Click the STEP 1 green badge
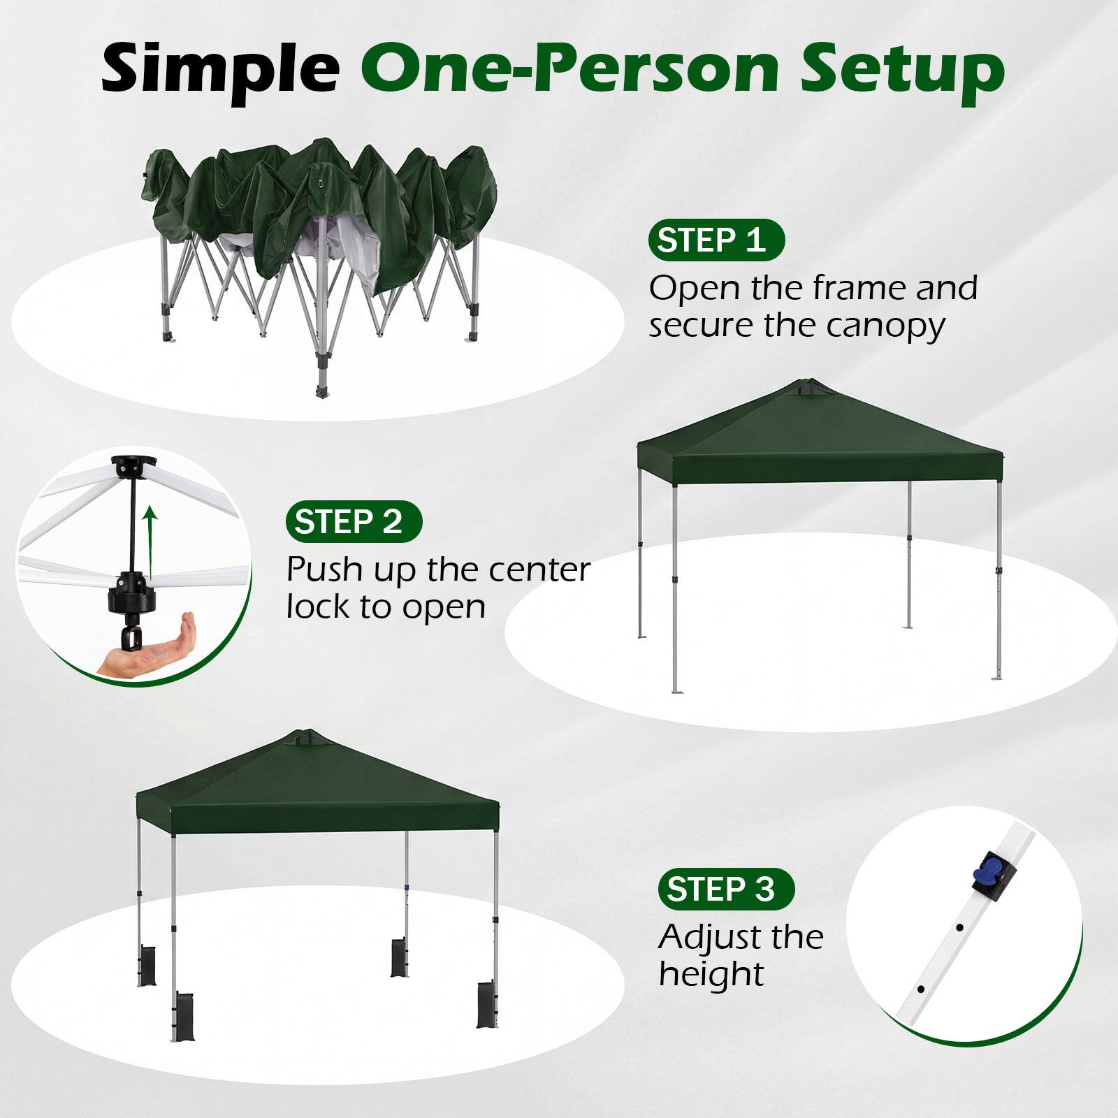717,240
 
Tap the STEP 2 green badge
354,522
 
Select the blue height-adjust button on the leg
984,871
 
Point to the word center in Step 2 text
539,570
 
